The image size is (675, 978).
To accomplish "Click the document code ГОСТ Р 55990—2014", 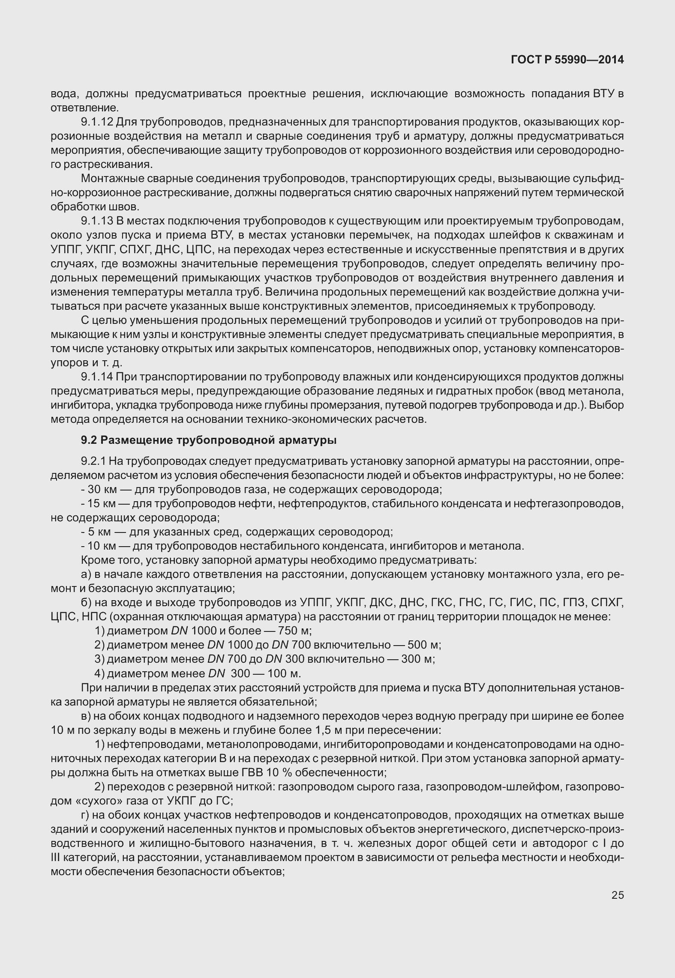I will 567,60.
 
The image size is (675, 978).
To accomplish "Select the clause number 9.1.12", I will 97,122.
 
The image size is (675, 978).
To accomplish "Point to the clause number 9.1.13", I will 97,221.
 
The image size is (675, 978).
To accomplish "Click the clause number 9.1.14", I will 97,377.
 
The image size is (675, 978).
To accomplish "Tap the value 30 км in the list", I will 99,489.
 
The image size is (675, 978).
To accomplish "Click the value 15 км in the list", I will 99,503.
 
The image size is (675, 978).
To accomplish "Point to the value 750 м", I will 294,631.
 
